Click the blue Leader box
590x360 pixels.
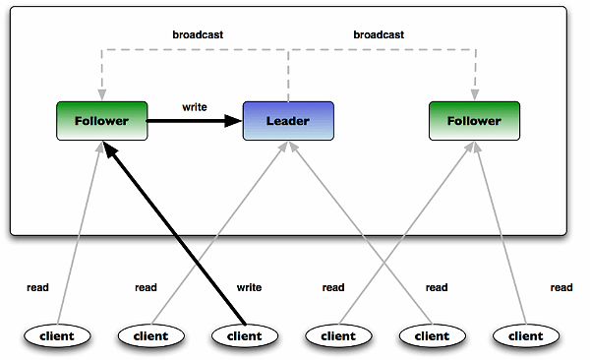coord(288,121)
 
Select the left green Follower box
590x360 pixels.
coord(101,121)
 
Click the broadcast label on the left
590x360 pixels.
coord(197,34)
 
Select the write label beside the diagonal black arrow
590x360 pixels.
coord(249,288)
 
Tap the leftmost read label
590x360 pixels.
coord(38,288)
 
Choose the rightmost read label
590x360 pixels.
coord(561,288)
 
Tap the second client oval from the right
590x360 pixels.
coord(430,335)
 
